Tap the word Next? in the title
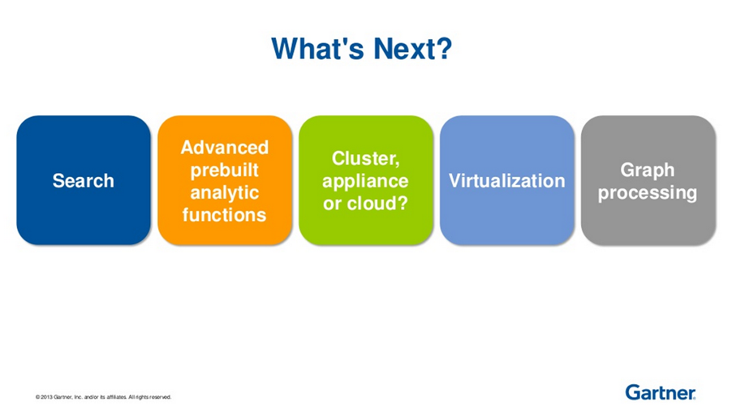coord(413,48)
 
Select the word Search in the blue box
coord(83,181)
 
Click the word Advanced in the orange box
coord(225,148)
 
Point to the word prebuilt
coord(225,170)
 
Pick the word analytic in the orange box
coord(225,192)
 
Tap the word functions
coord(225,215)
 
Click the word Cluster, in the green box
coord(365,159)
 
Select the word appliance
coord(365,181)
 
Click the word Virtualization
coord(507,181)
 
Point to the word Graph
coord(648,170)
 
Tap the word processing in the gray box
coord(648,192)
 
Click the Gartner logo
coord(661,393)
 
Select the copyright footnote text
coord(103,397)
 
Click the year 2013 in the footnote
coord(47,397)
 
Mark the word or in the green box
coord(333,204)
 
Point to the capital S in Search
coord(58,181)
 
